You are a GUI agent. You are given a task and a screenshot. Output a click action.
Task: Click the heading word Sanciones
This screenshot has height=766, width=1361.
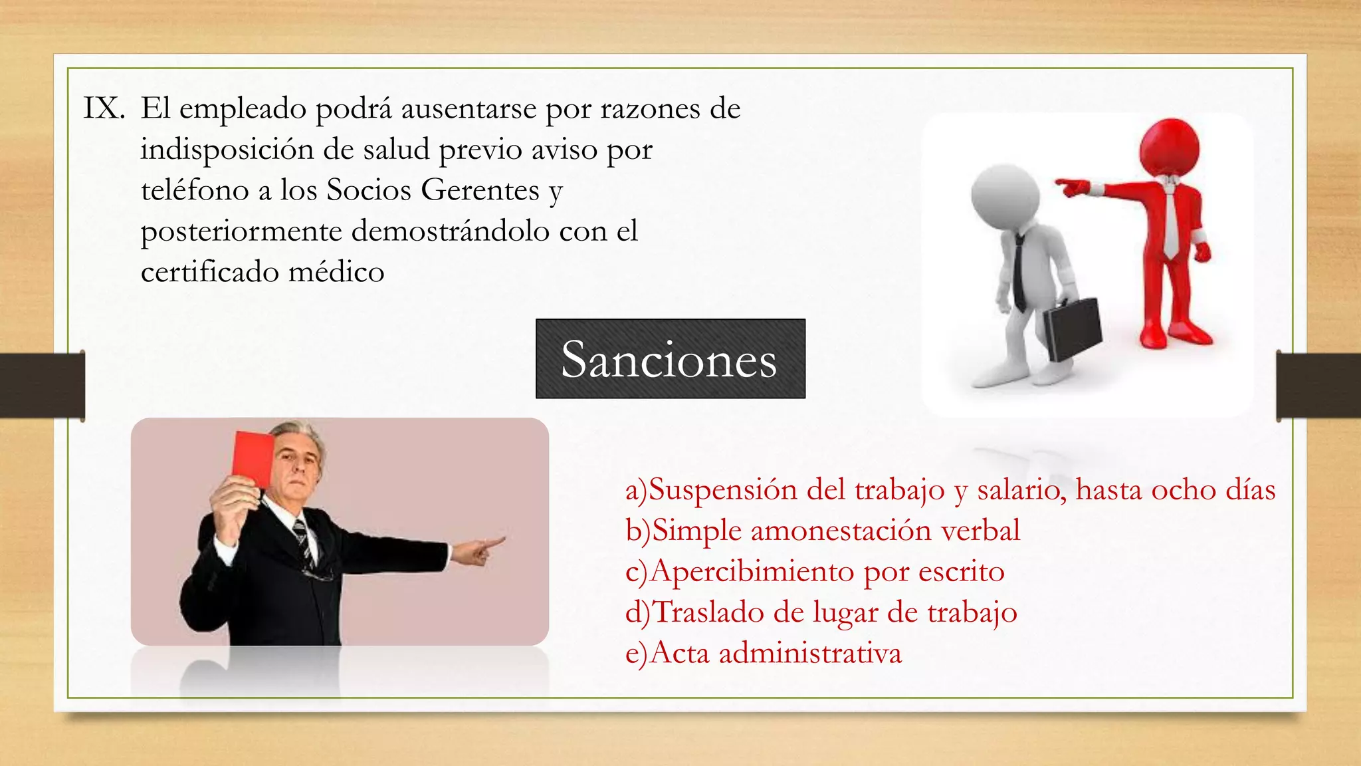669,360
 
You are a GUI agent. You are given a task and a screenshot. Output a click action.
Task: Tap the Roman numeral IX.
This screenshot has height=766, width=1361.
104,108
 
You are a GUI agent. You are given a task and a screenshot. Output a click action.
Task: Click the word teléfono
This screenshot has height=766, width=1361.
195,190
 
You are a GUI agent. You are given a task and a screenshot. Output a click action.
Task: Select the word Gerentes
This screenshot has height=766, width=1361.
480,190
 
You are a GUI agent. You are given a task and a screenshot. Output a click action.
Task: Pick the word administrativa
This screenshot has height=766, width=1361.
810,653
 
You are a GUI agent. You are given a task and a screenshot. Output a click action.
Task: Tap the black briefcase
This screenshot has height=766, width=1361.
1072,329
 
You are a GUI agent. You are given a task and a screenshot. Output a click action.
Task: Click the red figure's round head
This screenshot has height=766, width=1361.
1169,147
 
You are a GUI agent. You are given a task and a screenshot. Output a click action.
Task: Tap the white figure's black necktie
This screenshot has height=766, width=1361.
1019,273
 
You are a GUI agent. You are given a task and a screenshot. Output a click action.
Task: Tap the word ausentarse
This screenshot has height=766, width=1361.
469,108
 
